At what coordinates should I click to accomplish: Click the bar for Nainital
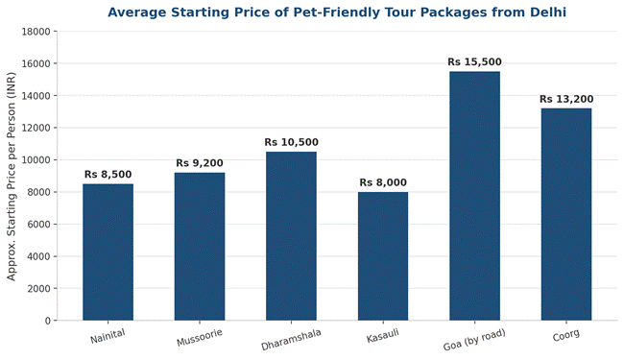pyautogui.click(x=108, y=252)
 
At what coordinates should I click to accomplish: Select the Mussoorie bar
pyautogui.click(x=200, y=246)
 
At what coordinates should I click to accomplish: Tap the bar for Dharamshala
pyautogui.click(x=291, y=236)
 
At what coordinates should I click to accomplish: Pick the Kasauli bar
pyautogui.click(x=383, y=256)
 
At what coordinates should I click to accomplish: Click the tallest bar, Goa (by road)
pyautogui.click(x=475, y=196)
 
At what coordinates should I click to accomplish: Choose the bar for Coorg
pyautogui.click(x=566, y=214)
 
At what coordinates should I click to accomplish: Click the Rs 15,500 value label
pyautogui.click(x=475, y=62)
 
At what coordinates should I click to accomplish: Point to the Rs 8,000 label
pyautogui.click(x=383, y=182)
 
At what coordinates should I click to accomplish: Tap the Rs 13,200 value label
pyautogui.click(x=566, y=99)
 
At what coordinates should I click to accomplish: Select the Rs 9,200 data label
pyautogui.click(x=200, y=163)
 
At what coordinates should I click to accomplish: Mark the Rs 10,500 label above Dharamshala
pyautogui.click(x=291, y=142)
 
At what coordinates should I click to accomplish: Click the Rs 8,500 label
pyautogui.click(x=108, y=175)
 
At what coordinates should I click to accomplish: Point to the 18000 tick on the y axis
pyautogui.click(x=36, y=32)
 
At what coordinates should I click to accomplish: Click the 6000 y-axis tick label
pyautogui.click(x=38, y=225)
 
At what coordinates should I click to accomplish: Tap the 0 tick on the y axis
pyautogui.click(x=48, y=321)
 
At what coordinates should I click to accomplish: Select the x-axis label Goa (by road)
pyautogui.click(x=474, y=340)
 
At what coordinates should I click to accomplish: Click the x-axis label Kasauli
pyautogui.click(x=382, y=336)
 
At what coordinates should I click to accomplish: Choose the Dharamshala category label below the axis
pyautogui.click(x=291, y=340)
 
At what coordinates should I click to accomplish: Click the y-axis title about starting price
pyautogui.click(x=12, y=177)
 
